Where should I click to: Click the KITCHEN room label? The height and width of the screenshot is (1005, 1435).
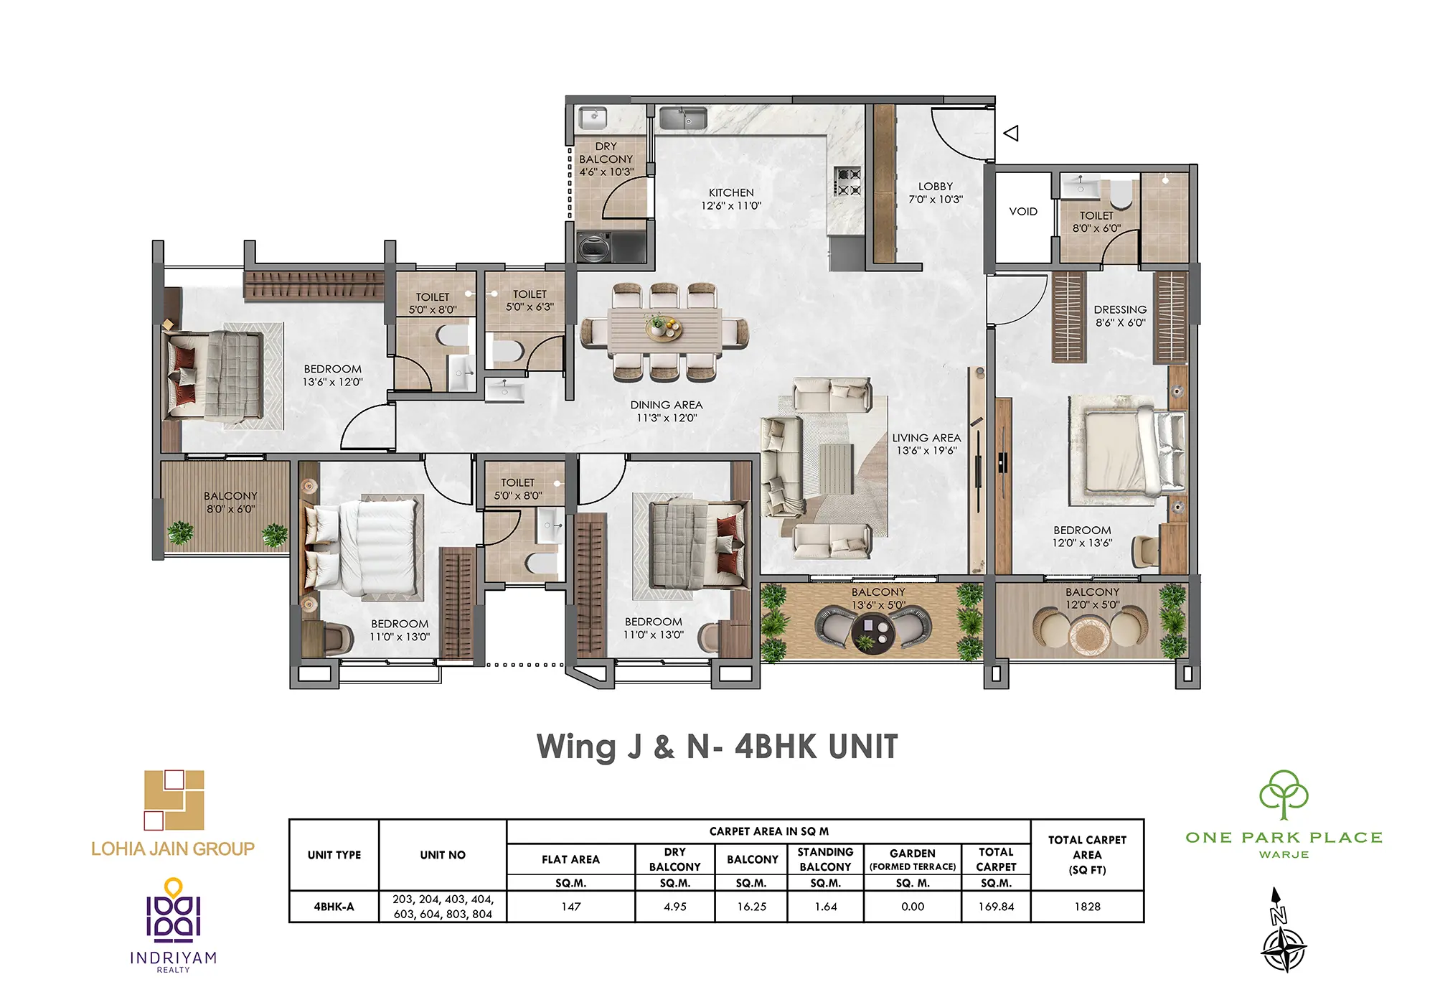[x=731, y=192]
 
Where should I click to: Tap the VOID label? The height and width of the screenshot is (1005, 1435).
[x=1023, y=211]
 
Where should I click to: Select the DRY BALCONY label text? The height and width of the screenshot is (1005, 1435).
[x=606, y=152]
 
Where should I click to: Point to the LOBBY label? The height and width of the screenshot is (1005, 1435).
[x=936, y=186]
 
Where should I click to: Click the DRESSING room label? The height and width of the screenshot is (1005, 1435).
[x=1120, y=309]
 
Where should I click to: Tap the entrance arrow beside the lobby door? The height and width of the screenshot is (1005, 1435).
[x=1011, y=133]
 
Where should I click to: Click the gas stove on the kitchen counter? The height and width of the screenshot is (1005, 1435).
[x=847, y=182]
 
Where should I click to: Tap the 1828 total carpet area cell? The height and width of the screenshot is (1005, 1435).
[x=1087, y=907]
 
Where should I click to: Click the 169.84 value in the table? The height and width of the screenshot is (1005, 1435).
[x=996, y=907]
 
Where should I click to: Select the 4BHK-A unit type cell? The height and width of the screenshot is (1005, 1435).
[x=334, y=907]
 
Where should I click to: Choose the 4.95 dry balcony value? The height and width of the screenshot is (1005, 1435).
[x=674, y=907]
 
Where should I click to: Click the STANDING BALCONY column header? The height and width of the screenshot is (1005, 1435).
[x=825, y=859]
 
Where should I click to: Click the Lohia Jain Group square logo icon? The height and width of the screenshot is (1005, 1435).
[x=174, y=800]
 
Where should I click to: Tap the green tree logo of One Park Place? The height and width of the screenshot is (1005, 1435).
[x=1284, y=795]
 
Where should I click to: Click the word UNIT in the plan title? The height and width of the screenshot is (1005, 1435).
[x=862, y=747]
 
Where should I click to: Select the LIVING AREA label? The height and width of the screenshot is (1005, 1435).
[x=926, y=438]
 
